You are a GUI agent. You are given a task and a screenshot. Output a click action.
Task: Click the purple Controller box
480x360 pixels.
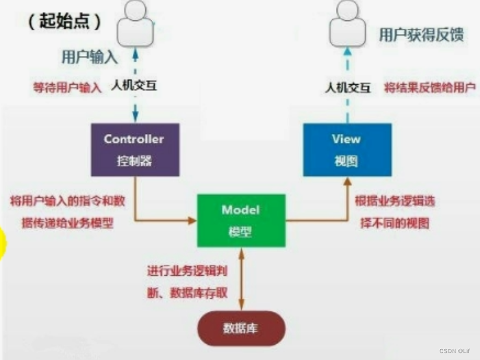pos(134,150)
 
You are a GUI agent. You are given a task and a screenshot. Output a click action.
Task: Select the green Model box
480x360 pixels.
pos(240,220)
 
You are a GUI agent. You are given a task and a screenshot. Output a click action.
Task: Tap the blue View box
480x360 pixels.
pos(346,150)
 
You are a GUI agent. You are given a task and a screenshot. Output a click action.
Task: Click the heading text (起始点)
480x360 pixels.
pos(66,21)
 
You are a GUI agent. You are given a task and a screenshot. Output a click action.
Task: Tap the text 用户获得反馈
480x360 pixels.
pos(421,35)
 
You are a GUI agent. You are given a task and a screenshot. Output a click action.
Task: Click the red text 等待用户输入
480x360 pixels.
pos(68,88)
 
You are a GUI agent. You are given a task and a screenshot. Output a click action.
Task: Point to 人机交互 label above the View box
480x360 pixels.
pos(347,88)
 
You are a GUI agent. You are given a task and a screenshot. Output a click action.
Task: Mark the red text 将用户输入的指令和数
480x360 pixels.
pos(67,202)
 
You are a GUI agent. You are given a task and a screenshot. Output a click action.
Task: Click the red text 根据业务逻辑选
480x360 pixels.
pos(394,202)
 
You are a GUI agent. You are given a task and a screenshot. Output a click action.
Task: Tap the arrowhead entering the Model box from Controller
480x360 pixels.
pos(192,220)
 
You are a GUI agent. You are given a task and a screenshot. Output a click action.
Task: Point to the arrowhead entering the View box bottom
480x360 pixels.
pos(346,181)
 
